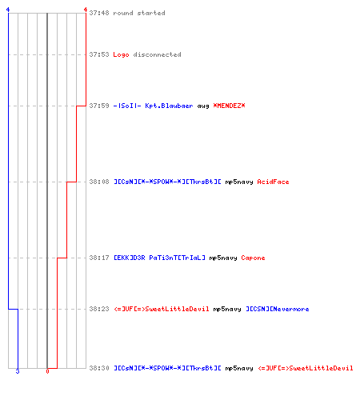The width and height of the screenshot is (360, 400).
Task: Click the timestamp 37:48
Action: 99,13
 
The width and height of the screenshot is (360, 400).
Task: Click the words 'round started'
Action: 139,13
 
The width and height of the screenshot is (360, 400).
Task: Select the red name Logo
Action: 121,54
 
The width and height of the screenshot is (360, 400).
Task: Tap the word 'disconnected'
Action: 157,54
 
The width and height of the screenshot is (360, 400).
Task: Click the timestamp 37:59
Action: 99,106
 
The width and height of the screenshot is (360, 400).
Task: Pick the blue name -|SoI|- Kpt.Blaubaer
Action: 153,106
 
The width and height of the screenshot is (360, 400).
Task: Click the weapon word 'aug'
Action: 203,106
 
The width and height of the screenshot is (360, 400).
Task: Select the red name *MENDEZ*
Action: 229,106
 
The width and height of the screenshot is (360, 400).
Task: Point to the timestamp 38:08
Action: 99,182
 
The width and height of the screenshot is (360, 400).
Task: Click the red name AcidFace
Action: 273,182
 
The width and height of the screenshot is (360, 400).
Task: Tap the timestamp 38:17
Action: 99,258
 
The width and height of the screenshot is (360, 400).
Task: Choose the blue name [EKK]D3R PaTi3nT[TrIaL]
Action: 159,258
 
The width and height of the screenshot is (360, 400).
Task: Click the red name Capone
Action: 253,258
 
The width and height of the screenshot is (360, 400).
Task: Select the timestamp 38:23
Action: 99,309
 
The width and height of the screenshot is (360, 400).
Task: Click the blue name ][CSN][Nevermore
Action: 278,309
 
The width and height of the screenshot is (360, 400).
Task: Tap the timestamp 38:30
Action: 99,368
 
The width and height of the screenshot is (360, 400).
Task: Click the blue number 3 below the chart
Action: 18,371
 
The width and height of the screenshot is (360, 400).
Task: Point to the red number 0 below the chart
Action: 47,371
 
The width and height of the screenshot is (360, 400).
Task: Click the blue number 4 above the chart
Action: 8,10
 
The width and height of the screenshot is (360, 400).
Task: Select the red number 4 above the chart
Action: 86,10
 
